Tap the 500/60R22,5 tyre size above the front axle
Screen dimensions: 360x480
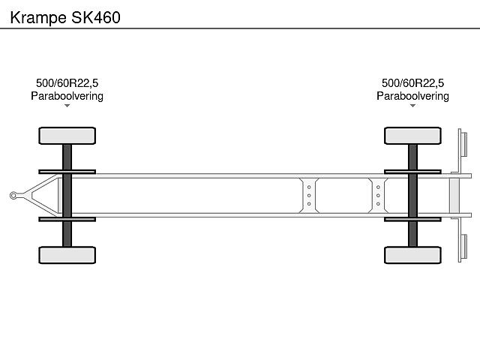tap(67, 83)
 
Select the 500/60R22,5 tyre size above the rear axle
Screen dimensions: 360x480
tap(412, 83)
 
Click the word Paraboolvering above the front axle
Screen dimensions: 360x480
tap(67, 96)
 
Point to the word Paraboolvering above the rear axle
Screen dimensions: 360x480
tap(412, 96)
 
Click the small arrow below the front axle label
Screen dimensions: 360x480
tap(67, 106)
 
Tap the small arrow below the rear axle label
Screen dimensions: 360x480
tap(412, 106)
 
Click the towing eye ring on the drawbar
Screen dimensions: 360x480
tap(13, 196)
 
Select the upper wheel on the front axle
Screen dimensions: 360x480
tap(67, 136)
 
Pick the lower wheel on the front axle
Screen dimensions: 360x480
tap(67, 255)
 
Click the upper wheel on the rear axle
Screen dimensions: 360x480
tap(412, 136)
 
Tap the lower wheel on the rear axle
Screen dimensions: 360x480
tap(412, 255)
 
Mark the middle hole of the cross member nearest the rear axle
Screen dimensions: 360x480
tap(378, 196)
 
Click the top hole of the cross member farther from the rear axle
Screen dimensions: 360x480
tap(308, 187)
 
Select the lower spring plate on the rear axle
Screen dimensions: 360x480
tap(412, 220)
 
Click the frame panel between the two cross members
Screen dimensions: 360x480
tap(343, 196)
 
